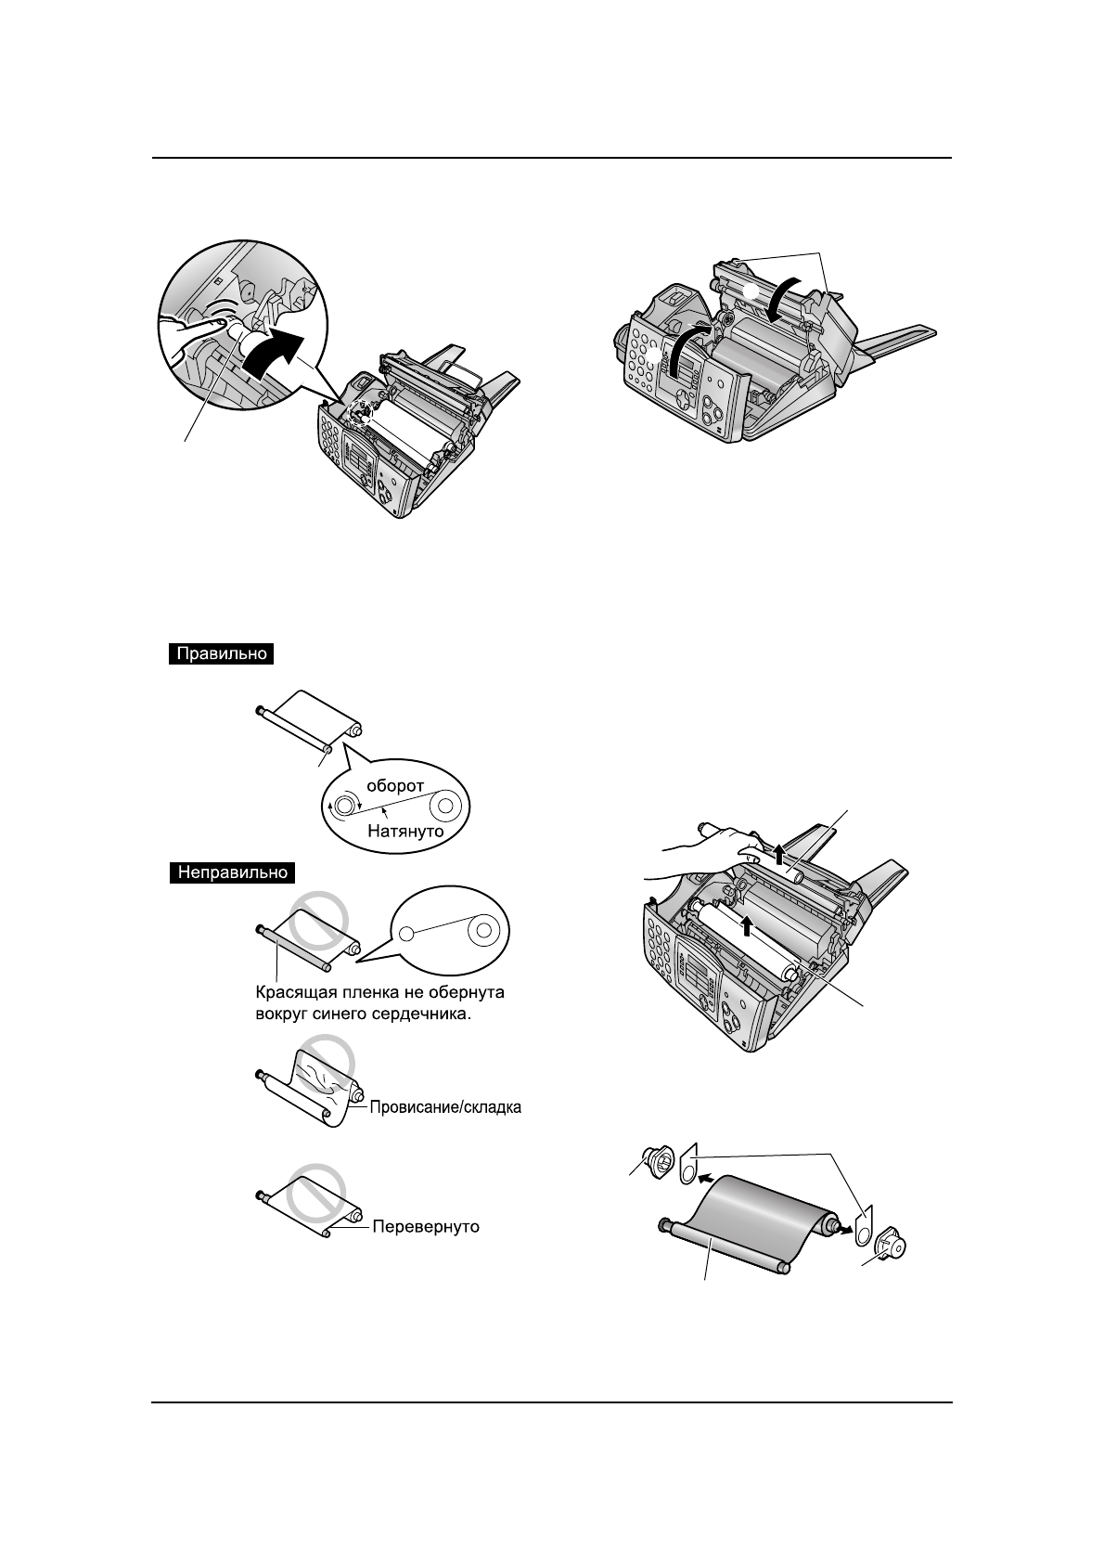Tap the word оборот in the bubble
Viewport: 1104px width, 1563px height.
pyautogui.click(x=393, y=785)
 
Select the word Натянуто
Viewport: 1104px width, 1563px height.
pyautogui.click(x=405, y=831)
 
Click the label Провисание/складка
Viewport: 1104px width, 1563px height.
pyautogui.click(x=445, y=1107)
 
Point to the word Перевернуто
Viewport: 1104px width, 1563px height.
pyautogui.click(x=426, y=1226)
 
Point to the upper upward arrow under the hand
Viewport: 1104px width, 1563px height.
pyautogui.click(x=779, y=853)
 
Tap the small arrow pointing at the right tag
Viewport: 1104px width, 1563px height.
pyautogui.click(x=843, y=1228)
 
